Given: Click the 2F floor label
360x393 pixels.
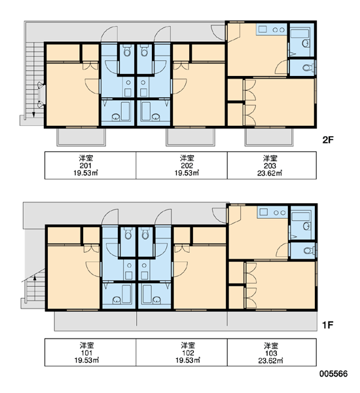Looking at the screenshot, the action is [328, 140].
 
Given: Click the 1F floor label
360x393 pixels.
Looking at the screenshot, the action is [327, 325].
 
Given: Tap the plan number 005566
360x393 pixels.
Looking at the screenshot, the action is [333, 374].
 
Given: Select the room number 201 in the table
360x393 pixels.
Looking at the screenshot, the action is [86, 166].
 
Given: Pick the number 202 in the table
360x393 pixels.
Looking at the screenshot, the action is [187, 166].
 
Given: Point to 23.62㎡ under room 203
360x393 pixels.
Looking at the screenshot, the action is [270, 173].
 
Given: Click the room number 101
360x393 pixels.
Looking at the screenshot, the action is [86, 353].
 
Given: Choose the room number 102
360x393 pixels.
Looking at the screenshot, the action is [188, 353].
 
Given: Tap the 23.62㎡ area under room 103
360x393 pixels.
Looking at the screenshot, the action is [271, 360].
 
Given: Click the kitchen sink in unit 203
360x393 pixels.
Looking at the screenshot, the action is [262, 29].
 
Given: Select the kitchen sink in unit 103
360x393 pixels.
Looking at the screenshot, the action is [264, 212].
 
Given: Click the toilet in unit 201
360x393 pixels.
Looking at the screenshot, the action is [127, 50].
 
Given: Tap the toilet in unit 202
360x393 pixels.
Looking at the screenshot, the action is [144, 50].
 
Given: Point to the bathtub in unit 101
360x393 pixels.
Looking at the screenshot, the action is [126, 293].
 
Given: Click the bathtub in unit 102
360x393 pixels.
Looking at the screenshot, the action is [146, 293].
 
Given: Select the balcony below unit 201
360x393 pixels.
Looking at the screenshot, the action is [81, 137].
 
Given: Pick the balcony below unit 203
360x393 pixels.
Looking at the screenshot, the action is [269, 137].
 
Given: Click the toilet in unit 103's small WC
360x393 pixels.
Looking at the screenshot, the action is [308, 250].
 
